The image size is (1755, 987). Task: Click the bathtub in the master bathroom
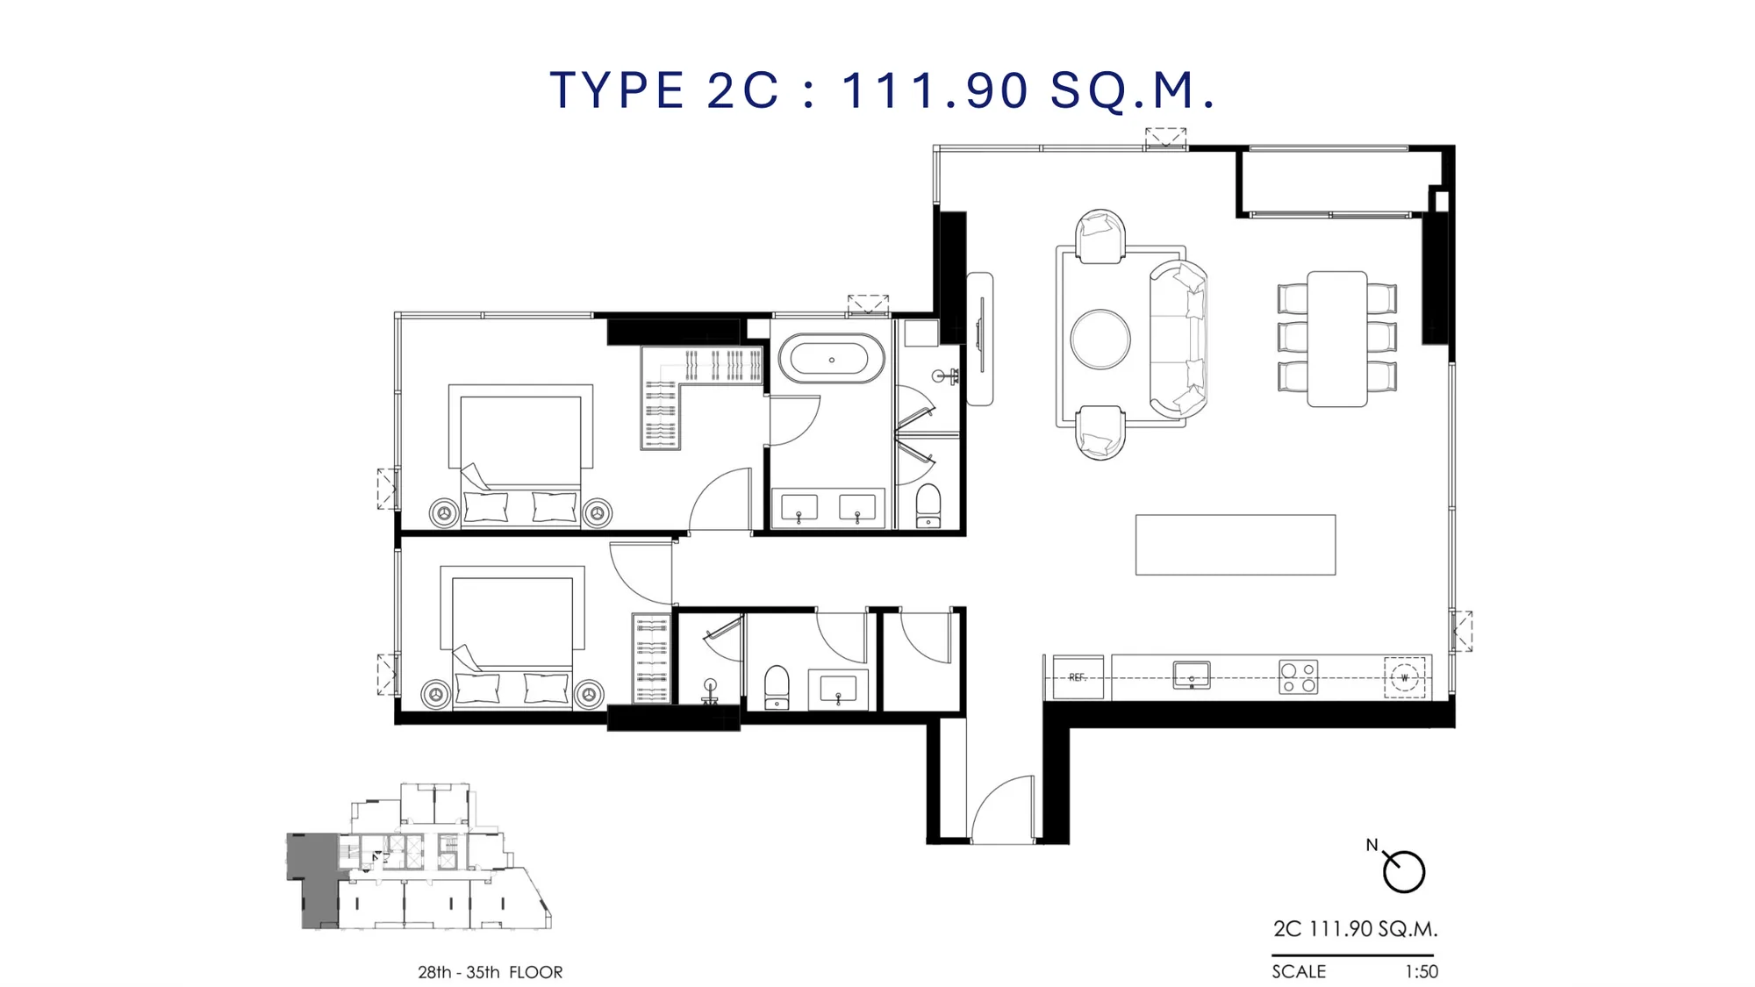831,359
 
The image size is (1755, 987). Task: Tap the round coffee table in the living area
1100,340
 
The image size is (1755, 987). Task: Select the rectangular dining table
1336,339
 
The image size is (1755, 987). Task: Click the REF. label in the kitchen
1078,677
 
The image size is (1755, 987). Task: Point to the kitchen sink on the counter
1192,676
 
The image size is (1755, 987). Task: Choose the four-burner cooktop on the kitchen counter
1299,677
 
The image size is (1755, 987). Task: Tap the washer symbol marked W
1404,677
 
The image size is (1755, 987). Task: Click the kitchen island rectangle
1236,545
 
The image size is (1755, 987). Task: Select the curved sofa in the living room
1178,339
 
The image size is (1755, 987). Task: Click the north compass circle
1404,872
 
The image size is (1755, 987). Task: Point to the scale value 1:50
1422,971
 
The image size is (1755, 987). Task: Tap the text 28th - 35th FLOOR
490,972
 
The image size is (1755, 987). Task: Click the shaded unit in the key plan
313,879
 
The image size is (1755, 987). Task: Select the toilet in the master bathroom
928,505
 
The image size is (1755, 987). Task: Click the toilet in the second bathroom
777,687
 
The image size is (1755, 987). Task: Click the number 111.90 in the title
935,89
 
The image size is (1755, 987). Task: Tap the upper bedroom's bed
520,456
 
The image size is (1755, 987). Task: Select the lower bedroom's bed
512,636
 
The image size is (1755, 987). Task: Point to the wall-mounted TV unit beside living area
980,339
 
